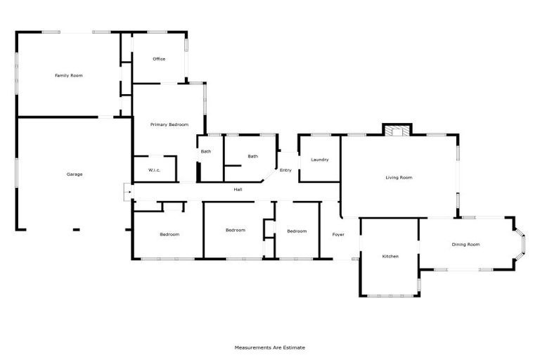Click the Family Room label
pos(69,75)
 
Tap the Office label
pos(159,59)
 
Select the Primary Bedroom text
pos(169,124)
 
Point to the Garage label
pos(75,174)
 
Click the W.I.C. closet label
pos(155,170)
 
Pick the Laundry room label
pos(319,160)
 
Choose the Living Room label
pos(399,177)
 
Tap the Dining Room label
pos(465,244)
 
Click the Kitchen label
pos(390,256)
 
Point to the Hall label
pos(238,188)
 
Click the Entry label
pos(285,170)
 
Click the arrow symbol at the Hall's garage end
pos(127,191)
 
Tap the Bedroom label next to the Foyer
pos(297,231)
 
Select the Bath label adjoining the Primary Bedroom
pos(206,151)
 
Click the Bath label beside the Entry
pos(252,156)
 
